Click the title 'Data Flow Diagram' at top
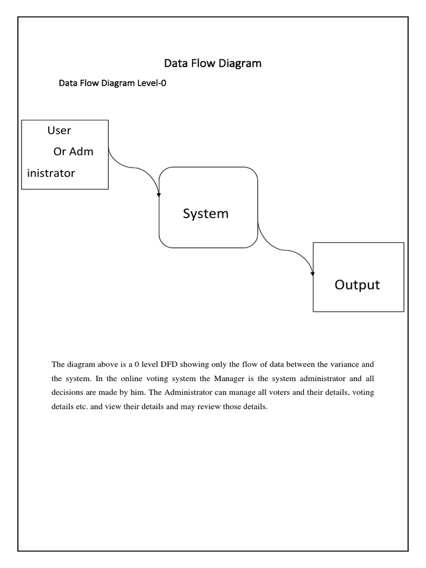click(x=212, y=63)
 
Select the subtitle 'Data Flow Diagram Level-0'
click(x=113, y=84)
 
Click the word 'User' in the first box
click(x=59, y=130)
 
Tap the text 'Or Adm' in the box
click(x=73, y=151)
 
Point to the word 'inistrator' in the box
click(x=51, y=173)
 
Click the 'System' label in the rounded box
click(x=206, y=214)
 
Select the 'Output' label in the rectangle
click(x=357, y=285)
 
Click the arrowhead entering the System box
click(x=160, y=194)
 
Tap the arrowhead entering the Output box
click(x=313, y=272)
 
